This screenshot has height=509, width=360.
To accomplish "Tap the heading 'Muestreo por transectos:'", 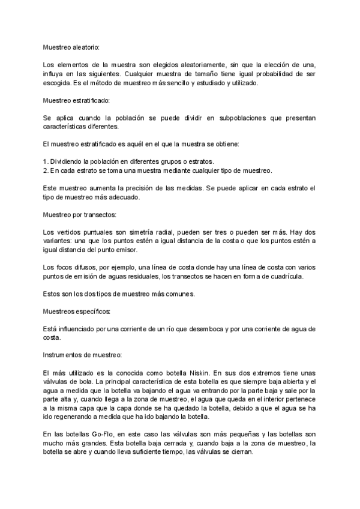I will [75, 214].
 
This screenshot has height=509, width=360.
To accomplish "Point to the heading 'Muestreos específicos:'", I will [77, 312].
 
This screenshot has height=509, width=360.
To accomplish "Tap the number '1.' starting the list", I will [46, 161].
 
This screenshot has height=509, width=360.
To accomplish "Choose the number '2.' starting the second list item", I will [46, 170].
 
